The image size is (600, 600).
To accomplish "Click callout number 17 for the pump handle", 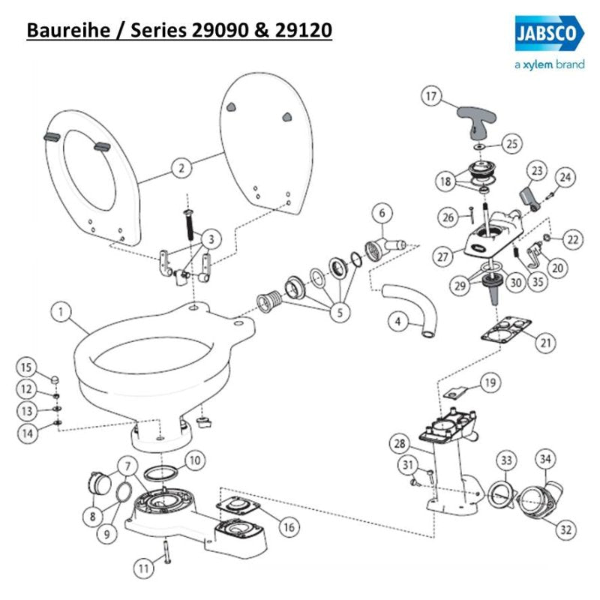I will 430,97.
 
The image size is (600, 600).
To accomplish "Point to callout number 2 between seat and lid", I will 180,168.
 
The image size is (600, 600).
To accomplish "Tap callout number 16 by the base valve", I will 287,527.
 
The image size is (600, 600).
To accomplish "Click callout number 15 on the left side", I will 26,367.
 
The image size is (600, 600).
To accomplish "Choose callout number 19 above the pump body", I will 489,383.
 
